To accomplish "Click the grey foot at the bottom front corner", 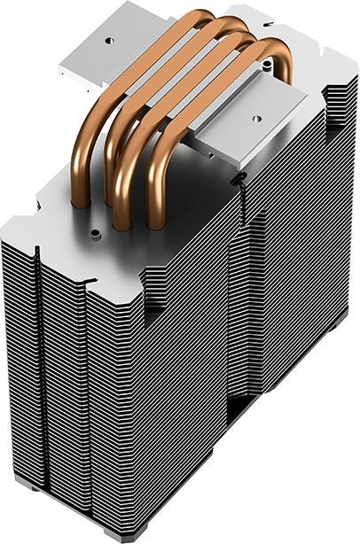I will coord(115,535).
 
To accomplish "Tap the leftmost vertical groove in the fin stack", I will coord(39,354).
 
